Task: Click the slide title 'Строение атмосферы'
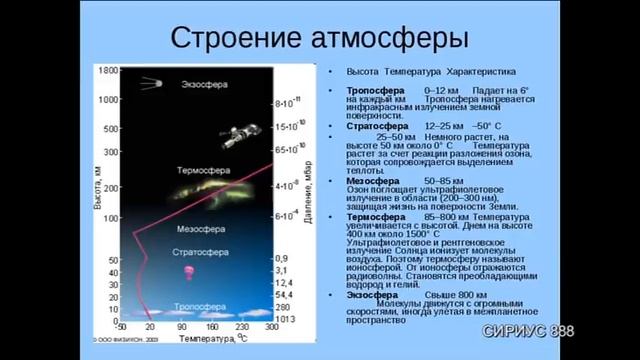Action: click(320, 38)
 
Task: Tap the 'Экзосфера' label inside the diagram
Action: click(205, 85)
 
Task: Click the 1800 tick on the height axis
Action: click(107, 72)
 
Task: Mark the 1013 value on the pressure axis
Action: click(284, 319)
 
